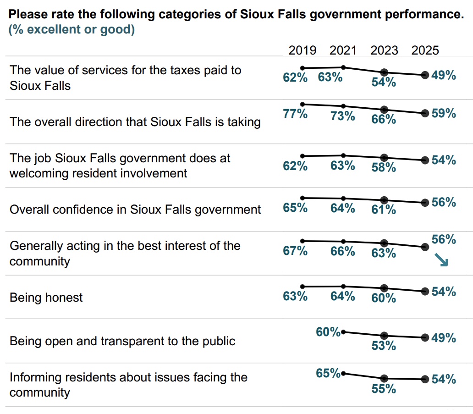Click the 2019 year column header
click(x=302, y=50)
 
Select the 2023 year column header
click(x=384, y=50)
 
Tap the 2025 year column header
click(x=425, y=50)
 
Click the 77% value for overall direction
click(x=295, y=114)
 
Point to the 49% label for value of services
click(x=444, y=76)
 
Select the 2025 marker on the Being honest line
click(x=425, y=291)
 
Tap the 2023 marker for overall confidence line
click(x=384, y=200)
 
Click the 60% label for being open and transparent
click(x=328, y=331)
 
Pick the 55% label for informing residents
click(x=384, y=389)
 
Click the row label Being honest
click(x=46, y=298)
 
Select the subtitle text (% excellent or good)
click(x=71, y=30)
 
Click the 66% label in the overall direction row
click(x=384, y=119)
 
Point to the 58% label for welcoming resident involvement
click(x=384, y=167)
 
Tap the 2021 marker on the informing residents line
click(x=343, y=374)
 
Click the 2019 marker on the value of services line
click(x=302, y=68)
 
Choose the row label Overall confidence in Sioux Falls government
click(x=135, y=210)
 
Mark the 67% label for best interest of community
click(x=295, y=251)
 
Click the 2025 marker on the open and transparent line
click(x=425, y=338)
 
